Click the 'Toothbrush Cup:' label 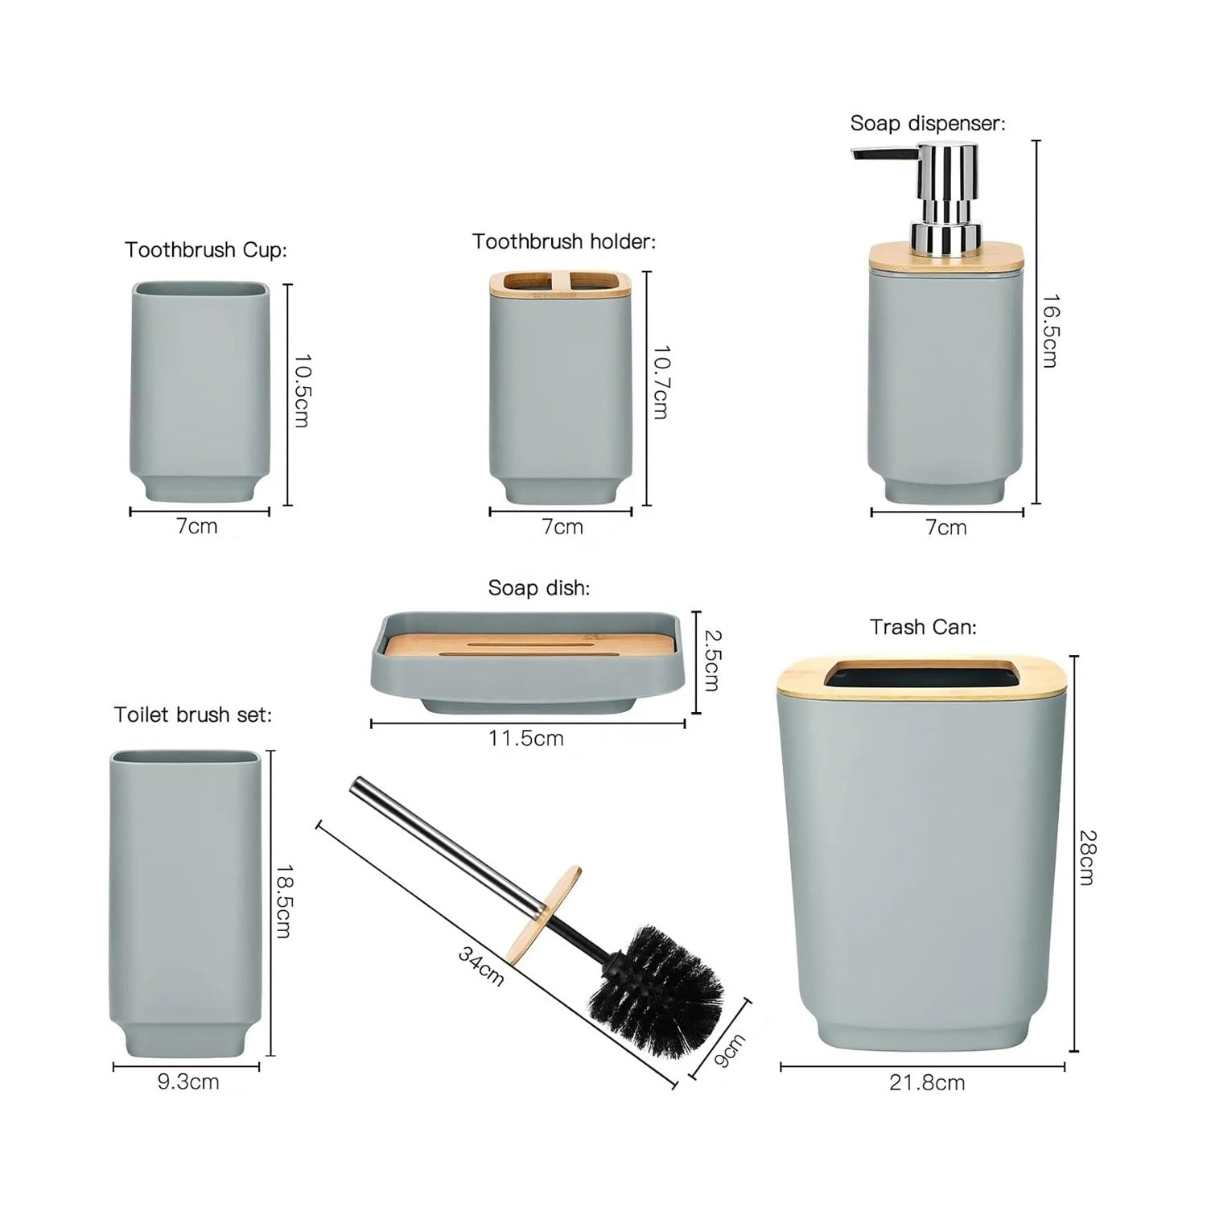[205, 249]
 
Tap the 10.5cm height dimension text [300, 391]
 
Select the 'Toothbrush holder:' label [563, 241]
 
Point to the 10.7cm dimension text [660, 383]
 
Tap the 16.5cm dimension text [1049, 331]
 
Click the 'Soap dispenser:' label [928, 124]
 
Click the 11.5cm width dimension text [526, 738]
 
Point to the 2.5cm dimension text [711, 660]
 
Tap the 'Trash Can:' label [923, 627]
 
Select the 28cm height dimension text [1086, 858]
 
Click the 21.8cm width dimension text [926, 1082]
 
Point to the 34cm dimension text [481, 966]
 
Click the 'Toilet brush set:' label [192, 715]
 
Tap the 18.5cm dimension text [282, 901]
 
